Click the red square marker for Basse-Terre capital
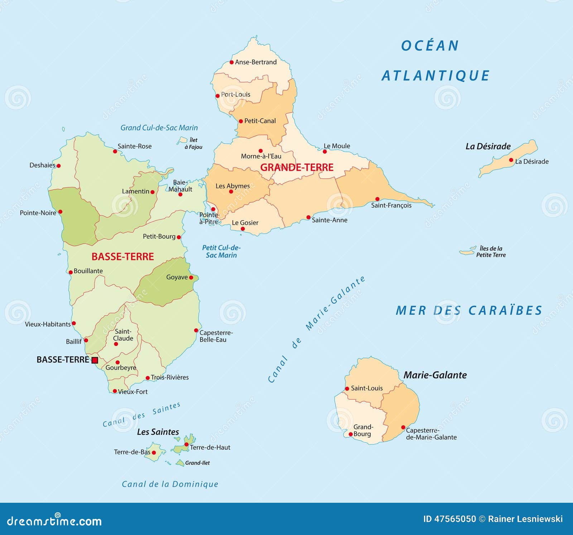click(x=95, y=360)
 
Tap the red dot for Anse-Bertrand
click(x=232, y=62)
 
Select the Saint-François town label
click(x=391, y=205)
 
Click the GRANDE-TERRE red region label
click(x=297, y=167)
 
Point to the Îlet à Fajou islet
click(x=183, y=140)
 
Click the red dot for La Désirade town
click(x=511, y=160)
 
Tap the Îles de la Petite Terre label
click(x=491, y=252)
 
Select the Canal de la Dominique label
click(x=170, y=484)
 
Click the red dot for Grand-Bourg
click(x=351, y=434)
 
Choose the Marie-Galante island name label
click(x=435, y=375)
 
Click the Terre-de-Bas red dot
click(x=154, y=453)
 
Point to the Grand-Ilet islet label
click(x=197, y=463)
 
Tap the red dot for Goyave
click(x=191, y=278)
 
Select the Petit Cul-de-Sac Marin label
click(x=221, y=251)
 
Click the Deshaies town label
click(x=42, y=165)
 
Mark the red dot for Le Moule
click(x=325, y=151)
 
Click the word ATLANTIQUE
click(x=435, y=76)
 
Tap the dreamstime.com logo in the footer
click(x=54, y=521)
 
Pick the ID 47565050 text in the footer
click(x=449, y=519)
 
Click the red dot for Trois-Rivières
click(x=148, y=378)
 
